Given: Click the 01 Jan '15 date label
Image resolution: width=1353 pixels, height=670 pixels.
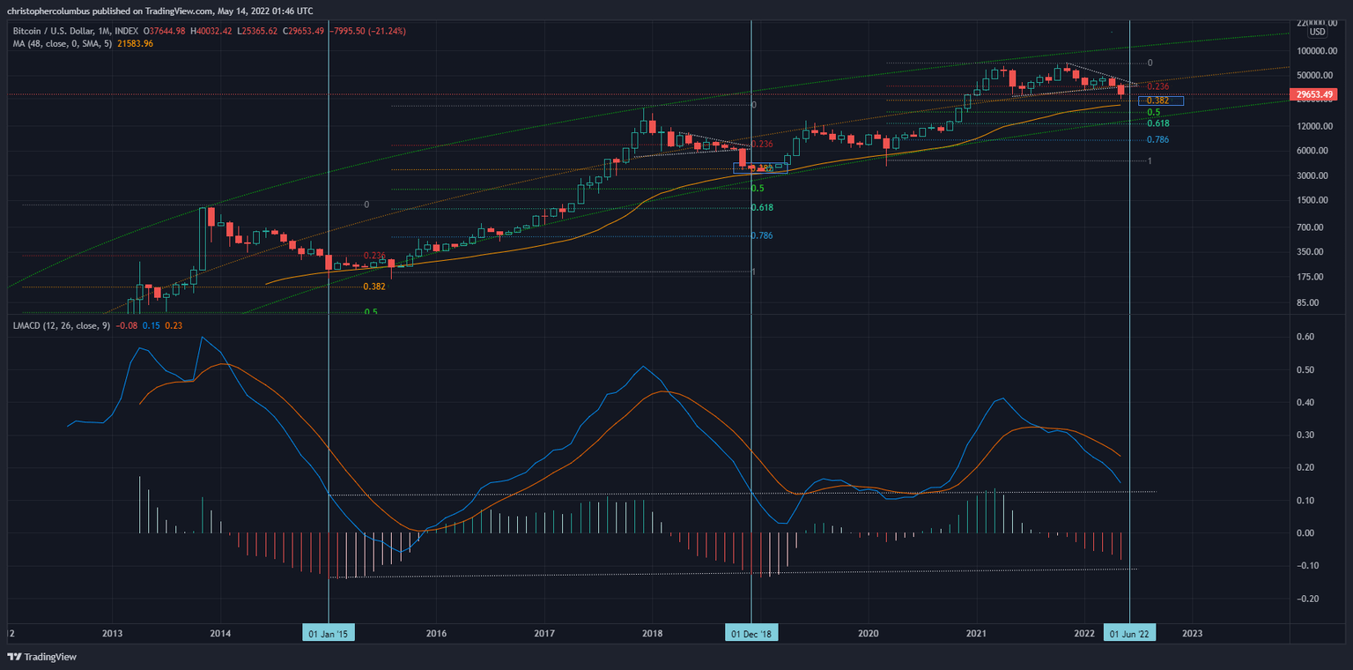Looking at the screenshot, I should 329,633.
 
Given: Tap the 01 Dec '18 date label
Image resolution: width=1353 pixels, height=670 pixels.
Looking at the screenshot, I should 751,633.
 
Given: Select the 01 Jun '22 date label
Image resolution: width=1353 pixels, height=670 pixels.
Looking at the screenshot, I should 1129,633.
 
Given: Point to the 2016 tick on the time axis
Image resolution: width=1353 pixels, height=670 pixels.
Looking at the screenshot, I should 436,633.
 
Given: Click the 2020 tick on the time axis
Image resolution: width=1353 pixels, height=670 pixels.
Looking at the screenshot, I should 869,633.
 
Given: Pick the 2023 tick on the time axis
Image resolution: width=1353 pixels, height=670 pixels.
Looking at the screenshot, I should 1192,633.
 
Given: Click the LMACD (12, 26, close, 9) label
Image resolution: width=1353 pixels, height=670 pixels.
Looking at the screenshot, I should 60,327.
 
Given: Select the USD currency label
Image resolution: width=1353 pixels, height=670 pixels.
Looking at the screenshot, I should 1317,32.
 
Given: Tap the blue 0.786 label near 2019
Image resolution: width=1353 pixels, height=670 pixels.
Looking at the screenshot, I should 761,235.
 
